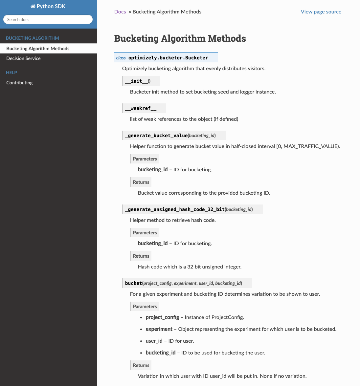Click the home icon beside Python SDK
(x=33, y=7)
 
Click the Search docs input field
(x=48, y=19)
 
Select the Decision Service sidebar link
(x=23, y=58)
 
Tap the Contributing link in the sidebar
(x=19, y=83)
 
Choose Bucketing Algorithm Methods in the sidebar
(x=38, y=49)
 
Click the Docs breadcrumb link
(x=120, y=12)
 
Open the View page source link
(x=321, y=12)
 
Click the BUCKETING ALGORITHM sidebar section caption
(x=33, y=38)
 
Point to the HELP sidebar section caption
(x=11, y=73)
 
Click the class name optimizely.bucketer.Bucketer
(x=168, y=58)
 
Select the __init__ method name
(x=136, y=81)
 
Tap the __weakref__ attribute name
(x=141, y=108)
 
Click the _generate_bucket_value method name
(x=156, y=136)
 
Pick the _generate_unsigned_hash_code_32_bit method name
(x=175, y=209)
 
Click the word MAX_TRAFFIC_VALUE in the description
(x=311, y=146)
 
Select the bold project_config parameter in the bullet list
(x=162, y=317)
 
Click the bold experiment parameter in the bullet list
(x=159, y=329)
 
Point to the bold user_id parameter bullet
(x=154, y=341)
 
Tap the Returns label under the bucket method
(x=141, y=365)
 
